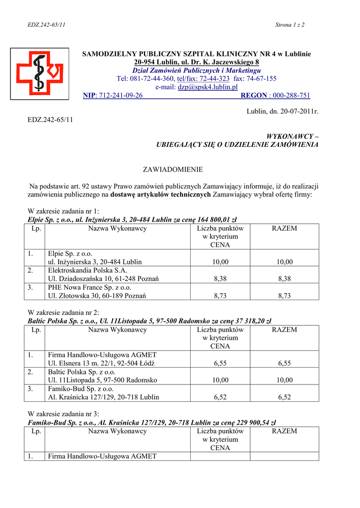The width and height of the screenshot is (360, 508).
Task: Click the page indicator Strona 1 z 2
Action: click(x=289, y=25)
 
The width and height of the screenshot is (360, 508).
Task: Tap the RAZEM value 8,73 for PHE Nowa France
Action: click(x=285, y=296)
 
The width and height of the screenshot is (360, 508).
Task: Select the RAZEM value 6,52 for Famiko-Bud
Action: click(x=285, y=397)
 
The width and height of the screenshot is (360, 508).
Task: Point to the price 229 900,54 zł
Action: click(x=248, y=422)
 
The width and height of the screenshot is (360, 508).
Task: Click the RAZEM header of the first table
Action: click(x=285, y=229)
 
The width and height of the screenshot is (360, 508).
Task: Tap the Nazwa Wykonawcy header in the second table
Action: click(x=118, y=330)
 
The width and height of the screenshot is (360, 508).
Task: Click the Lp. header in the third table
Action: click(x=36, y=431)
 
